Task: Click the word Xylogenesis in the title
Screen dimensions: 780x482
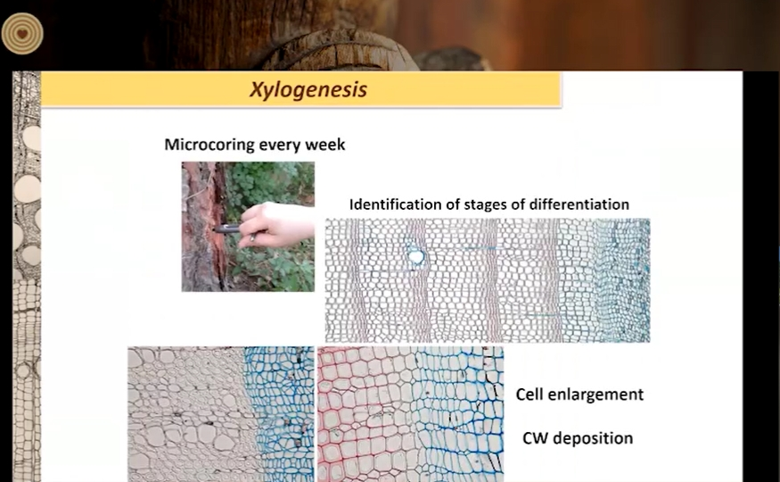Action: (x=308, y=89)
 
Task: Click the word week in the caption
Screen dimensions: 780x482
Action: (x=324, y=145)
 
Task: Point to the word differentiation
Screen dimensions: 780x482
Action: (x=579, y=204)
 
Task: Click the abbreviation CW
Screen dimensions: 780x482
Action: (x=535, y=438)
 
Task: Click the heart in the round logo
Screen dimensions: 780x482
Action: (x=22, y=34)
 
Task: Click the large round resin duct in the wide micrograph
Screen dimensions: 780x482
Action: (x=416, y=257)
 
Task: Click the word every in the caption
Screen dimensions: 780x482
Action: (x=280, y=145)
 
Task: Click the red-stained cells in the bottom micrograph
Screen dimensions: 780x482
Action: (x=349, y=413)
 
